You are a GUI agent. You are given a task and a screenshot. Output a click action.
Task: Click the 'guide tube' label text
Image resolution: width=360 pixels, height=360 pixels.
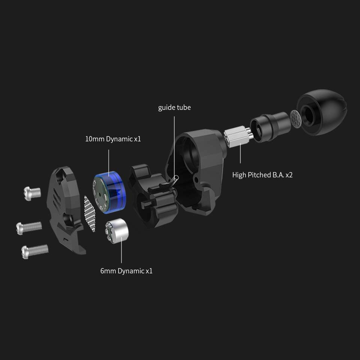pos(174,108)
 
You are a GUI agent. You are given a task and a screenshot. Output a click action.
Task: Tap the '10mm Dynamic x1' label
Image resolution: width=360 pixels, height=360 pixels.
pos(113,139)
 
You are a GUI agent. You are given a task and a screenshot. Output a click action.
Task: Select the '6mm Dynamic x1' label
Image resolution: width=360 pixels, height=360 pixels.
pos(126,271)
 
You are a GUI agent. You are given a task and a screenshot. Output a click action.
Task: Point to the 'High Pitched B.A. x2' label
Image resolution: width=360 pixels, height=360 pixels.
pos(262,175)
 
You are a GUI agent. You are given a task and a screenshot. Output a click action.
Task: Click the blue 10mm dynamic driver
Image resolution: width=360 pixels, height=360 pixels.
pos(109,192)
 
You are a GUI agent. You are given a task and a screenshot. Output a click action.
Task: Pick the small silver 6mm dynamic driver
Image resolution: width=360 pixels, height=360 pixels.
pos(117,231)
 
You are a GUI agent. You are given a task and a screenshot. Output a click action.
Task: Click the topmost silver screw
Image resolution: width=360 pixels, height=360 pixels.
pos(32,193)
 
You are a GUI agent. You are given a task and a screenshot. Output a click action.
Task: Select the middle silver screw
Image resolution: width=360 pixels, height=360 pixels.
pos(29,228)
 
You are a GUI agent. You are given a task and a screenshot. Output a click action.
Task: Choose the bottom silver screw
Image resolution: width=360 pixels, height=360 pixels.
pos(34,251)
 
